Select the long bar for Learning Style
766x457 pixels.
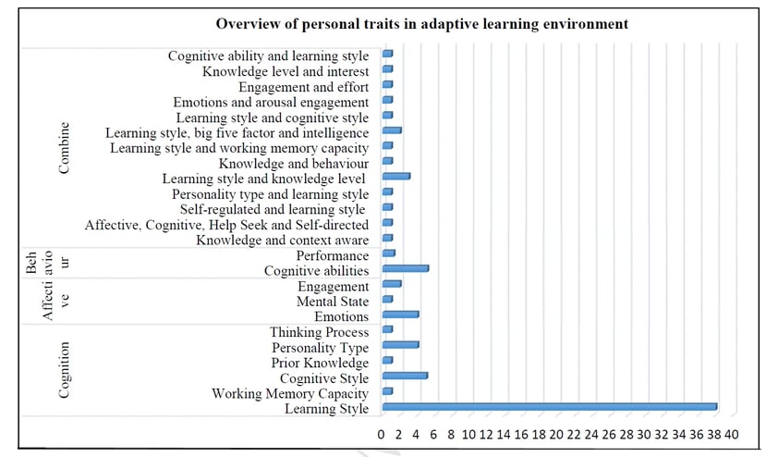click(549, 406)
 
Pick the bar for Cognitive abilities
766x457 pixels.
click(405, 269)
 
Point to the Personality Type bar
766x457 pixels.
click(400, 345)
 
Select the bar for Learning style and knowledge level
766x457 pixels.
click(395, 176)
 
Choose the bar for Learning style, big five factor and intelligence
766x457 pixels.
click(392, 131)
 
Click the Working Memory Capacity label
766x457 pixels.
click(290, 393)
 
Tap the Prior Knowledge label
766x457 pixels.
click(320, 363)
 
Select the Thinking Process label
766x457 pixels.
click(319, 332)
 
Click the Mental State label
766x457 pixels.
click(333, 302)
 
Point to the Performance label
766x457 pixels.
click(333, 255)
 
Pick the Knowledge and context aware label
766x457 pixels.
click(283, 240)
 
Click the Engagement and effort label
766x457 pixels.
click(304, 87)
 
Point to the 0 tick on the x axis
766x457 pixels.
click(381, 434)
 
